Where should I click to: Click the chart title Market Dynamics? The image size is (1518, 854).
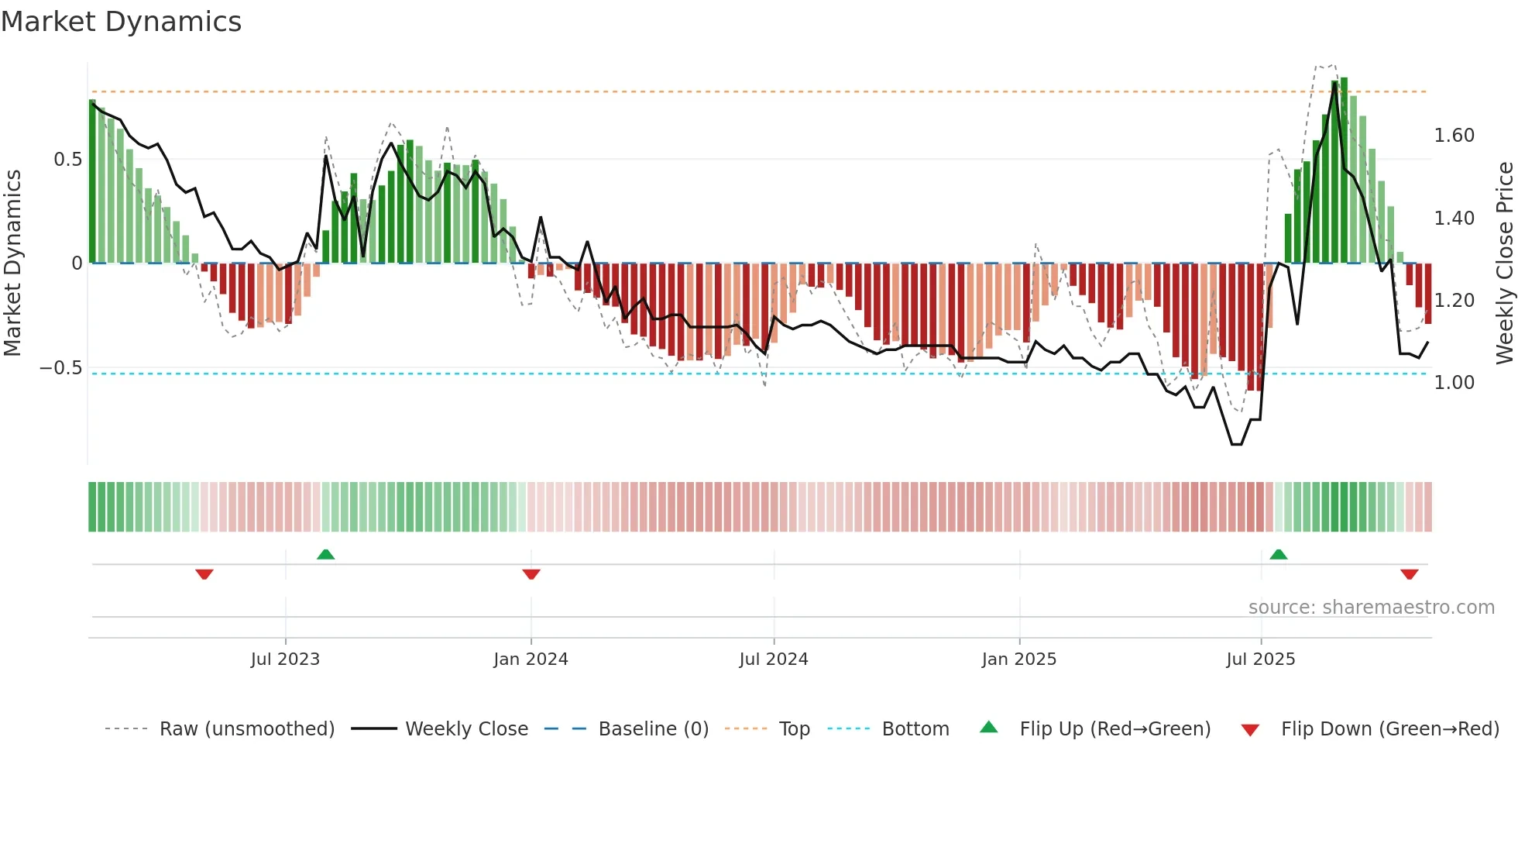(121, 22)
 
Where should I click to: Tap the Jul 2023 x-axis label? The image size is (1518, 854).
(285, 659)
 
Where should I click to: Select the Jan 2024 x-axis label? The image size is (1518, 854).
(531, 659)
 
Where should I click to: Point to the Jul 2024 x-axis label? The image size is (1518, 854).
(773, 659)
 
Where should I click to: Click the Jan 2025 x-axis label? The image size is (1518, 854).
(1018, 659)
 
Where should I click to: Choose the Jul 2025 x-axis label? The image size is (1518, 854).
(1260, 659)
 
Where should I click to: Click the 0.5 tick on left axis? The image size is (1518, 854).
(67, 160)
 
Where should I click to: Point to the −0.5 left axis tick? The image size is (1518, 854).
(60, 367)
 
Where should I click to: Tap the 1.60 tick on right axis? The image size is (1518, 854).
(1454, 136)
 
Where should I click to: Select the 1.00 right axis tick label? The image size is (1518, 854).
(1454, 383)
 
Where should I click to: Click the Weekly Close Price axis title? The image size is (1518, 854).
(1504, 263)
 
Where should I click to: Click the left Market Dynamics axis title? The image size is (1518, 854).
(12, 263)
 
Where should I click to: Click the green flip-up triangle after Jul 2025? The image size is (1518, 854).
(1279, 554)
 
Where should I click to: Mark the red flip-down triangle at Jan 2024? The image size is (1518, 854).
(531, 574)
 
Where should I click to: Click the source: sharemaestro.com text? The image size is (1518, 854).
(1371, 607)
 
